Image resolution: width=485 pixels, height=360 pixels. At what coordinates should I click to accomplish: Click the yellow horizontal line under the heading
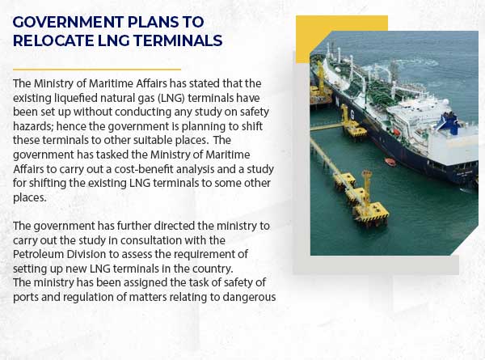pos(97,70)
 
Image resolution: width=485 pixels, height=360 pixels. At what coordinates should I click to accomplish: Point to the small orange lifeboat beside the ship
pos(390,162)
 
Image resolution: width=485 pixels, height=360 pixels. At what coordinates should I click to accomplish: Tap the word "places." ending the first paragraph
pos(29,198)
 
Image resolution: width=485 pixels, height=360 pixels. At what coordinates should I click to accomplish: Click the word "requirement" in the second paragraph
pos(210,255)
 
